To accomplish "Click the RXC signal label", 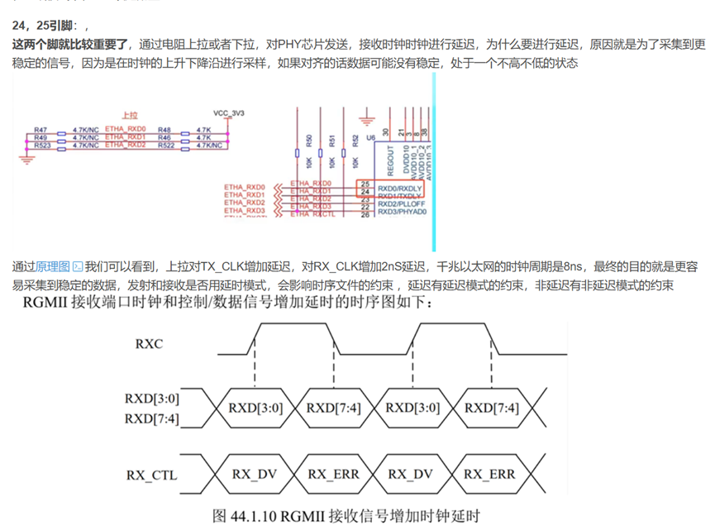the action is pos(150,342).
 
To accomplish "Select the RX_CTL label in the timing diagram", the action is pos(152,475).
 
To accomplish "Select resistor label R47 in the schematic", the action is pos(41,130).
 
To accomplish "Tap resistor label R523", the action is pos(42,145).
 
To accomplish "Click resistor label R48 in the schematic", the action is pos(164,130).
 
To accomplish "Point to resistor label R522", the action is pos(165,145).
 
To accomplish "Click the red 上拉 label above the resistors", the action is pos(129,117).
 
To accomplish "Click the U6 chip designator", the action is pos(370,136).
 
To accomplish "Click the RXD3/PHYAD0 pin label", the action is pos(401,212).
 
